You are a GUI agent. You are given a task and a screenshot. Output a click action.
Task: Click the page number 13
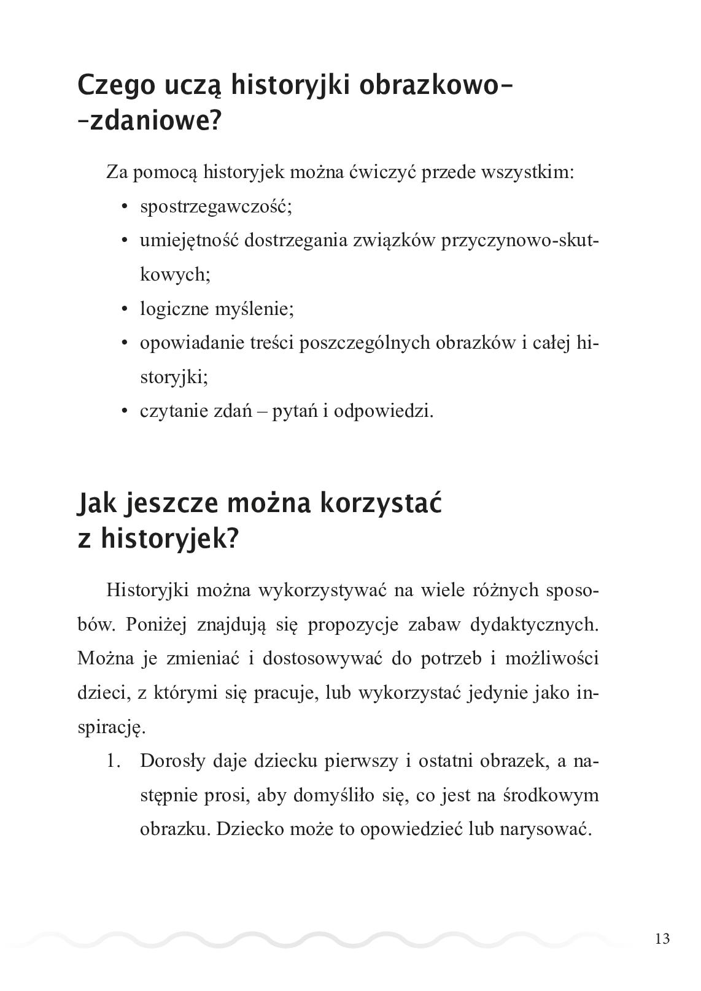(x=662, y=938)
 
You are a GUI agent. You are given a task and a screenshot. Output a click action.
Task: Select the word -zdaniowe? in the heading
(x=149, y=122)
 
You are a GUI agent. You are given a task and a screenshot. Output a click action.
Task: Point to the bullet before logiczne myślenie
(x=125, y=309)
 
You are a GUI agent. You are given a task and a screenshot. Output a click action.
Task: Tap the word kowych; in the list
(x=175, y=274)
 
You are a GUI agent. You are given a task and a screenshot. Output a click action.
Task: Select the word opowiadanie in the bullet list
(x=192, y=343)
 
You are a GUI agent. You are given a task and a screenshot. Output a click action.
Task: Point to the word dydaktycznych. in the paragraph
(x=534, y=624)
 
